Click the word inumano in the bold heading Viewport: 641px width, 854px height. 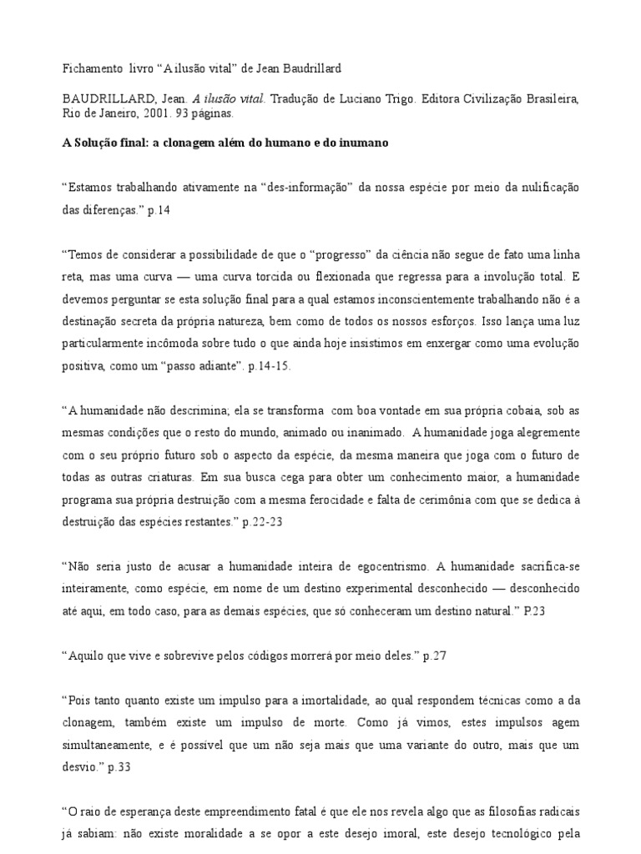[360, 143]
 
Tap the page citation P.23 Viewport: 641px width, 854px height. [534, 611]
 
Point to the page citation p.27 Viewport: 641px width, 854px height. [435, 656]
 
